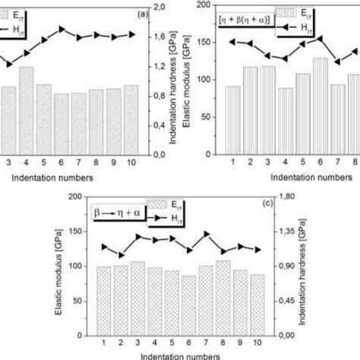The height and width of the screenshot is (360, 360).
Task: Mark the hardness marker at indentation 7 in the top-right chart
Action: pos(338,62)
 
